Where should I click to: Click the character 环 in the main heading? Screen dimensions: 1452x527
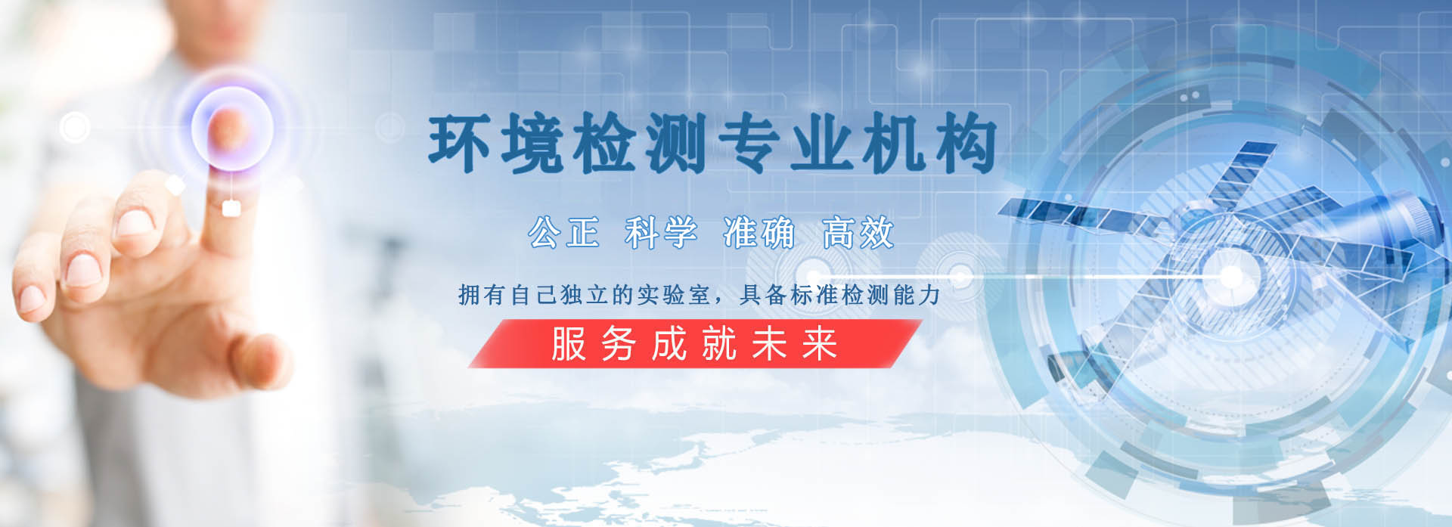point(459,142)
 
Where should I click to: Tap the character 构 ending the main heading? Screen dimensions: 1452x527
point(966,142)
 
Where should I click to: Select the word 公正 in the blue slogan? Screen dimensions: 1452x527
point(563,232)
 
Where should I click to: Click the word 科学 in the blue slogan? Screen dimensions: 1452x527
point(661,232)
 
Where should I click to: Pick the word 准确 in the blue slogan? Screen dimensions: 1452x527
point(759,232)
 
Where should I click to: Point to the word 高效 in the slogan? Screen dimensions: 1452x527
point(858,232)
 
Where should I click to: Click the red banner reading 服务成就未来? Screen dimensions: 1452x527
point(695,343)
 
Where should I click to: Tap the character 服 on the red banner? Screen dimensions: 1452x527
point(569,344)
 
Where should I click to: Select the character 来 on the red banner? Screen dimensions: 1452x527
point(820,344)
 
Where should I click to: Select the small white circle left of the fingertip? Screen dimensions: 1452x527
point(75,127)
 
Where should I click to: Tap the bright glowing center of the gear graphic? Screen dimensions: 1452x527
point(1230,277)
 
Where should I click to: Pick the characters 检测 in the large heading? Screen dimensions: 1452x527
point(641,142)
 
